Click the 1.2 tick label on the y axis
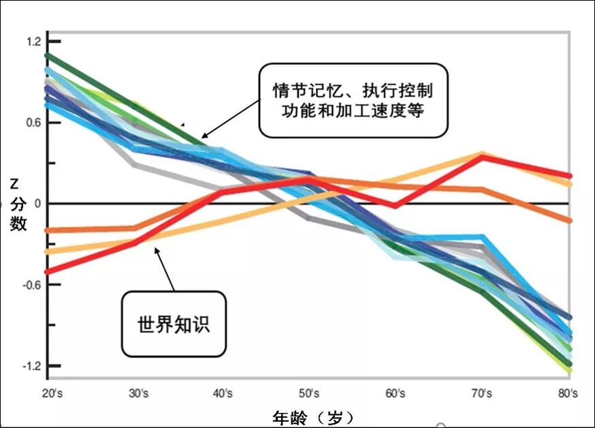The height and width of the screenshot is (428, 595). pos(33,42)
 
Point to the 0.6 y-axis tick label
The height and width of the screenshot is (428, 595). pos(33,123)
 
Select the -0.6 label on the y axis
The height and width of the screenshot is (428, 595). pos(32,285)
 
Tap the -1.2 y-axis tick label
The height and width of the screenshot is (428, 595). pos(32,366)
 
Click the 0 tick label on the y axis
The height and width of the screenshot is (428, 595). pos(37,204)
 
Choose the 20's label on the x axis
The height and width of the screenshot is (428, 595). pos(52,393)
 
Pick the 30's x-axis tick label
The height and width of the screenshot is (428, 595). pos(138,393)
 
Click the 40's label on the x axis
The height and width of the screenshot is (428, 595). pos(223,393)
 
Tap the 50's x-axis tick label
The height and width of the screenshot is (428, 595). pos(309,393)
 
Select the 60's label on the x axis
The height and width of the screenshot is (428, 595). pos(396,393)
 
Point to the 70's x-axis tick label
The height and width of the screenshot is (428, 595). pos(482,393)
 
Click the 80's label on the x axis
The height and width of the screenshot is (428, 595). pos(568,393)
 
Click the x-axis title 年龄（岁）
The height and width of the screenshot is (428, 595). pos(313,418)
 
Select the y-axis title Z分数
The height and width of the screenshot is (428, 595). pos(18,205)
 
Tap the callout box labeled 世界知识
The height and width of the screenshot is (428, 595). pos(174,324)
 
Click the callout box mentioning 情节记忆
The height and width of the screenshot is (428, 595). pos(353,100)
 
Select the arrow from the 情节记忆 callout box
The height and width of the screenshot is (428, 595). pos(231,118)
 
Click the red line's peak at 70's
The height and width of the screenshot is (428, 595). pos(482,157)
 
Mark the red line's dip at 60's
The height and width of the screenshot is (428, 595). pos(395,205)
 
